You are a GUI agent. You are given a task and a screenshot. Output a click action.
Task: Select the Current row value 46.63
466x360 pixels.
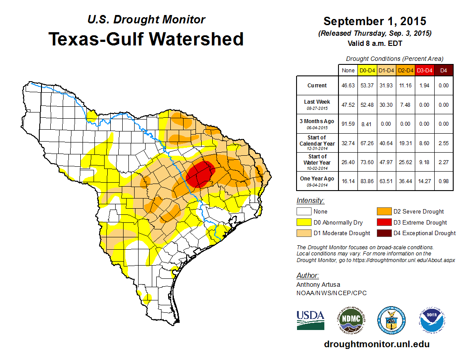[x=348, y=86]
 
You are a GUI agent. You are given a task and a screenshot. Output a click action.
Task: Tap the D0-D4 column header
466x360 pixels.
[x=367, y=70]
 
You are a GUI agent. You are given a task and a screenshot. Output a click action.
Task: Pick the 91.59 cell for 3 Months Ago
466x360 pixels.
[x=348, y=124]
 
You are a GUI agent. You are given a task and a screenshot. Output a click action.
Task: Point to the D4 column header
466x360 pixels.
[x=443, y=70]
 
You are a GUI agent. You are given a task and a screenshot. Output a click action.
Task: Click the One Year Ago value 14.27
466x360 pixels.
[x=424, y=181]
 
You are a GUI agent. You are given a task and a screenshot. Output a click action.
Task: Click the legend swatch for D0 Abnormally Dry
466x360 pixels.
[x=303, y=222]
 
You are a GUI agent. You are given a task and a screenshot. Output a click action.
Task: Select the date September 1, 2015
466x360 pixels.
[x=375, y=21]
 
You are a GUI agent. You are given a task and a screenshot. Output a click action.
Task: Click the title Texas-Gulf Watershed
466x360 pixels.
[x=146, y=39]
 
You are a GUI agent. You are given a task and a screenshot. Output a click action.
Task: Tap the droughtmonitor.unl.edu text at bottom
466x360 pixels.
[x=376, y=344]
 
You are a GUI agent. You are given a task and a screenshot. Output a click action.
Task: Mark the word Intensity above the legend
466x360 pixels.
[x=310, y=201]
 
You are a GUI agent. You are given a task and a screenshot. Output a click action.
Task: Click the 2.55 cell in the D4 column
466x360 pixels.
[x=443, y=143]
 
